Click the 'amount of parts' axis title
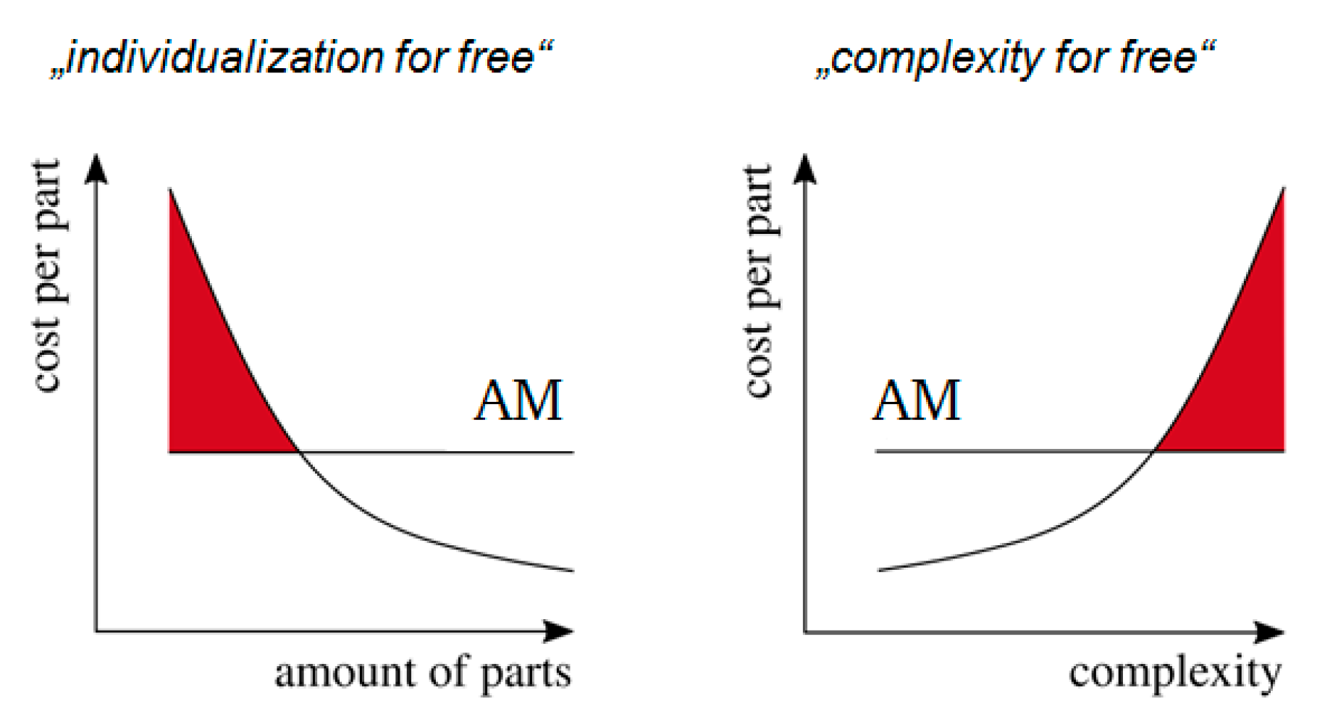pyautogui.click(x=423, y=673)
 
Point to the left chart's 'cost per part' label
pyautogui.click(x=48, y=275)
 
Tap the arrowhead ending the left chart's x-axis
pyautogui.click(x=559, y=631)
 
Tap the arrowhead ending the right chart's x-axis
pyautogui.click(x=1270, y=632)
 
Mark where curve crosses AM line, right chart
pyautogui.click(x=1154, y=451)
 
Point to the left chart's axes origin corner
pyautogui.click(x=96, y=631)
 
